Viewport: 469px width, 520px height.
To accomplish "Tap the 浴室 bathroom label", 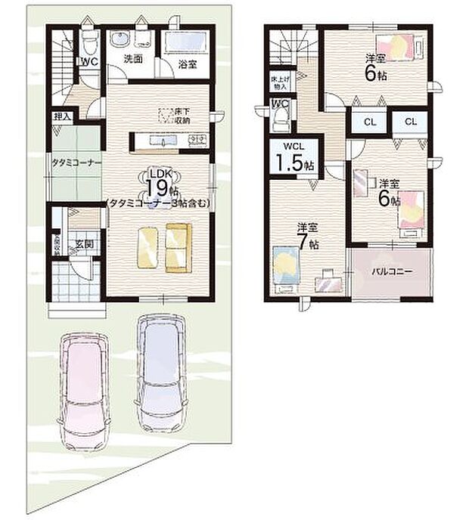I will point(188,65).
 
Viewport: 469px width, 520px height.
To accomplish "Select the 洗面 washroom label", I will point(134,60).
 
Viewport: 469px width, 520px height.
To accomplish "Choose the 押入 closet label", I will point(62,117).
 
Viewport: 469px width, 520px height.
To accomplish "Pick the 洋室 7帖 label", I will point(308,235).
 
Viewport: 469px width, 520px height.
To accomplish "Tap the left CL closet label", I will point(370,121).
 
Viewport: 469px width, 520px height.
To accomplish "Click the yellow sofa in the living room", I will point(179,248).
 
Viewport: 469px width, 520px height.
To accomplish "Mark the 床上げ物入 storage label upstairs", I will point(278,82).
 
